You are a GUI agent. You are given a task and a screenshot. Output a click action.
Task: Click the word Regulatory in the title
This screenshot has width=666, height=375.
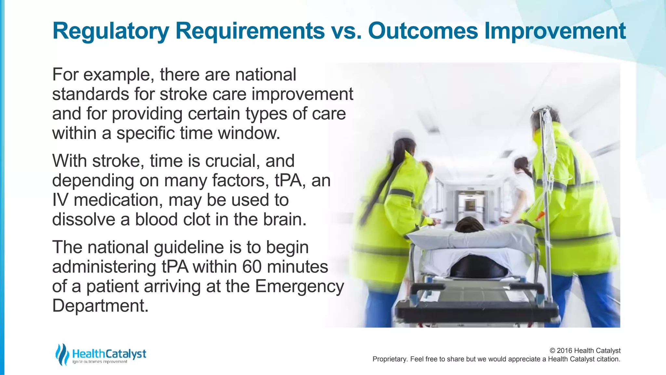[111, 31]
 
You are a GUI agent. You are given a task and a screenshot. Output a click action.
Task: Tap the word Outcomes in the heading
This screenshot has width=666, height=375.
[423, 31]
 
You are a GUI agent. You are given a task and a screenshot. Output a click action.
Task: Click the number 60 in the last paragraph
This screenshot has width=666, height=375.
[252, 267]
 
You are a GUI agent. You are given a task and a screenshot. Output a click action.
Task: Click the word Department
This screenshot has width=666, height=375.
[100, 306]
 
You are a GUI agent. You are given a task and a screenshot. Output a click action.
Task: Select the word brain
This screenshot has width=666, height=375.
[285, 219]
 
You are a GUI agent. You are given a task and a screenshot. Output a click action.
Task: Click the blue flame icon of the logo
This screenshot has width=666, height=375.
[62, 354]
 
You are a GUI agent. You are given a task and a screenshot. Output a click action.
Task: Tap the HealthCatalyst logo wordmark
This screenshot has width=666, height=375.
[109, 354]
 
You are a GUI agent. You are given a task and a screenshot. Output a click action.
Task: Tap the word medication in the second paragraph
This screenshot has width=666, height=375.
[118, 200]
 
